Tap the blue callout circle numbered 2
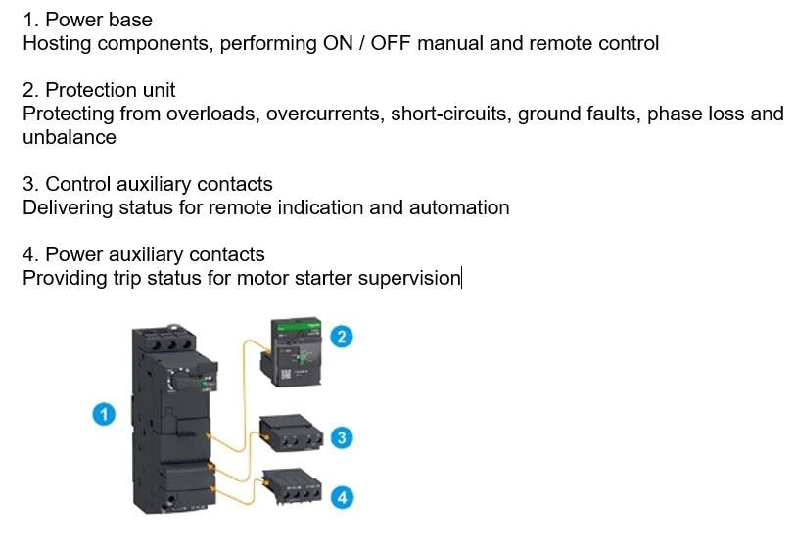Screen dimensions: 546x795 tap(341, 338)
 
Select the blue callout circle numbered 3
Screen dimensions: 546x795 tap(341, 437)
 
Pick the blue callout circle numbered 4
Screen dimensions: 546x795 tap(341, 497)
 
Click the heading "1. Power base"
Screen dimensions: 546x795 tap(87, 20)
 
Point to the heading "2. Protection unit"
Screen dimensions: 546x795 tap(99, 90)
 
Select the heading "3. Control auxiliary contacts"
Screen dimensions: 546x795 tap(148, 184)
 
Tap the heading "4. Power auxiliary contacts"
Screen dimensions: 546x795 tap(143, 255)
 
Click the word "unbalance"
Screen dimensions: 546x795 tap(70, 137)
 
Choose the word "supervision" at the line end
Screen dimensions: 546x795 tap(408, 279)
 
